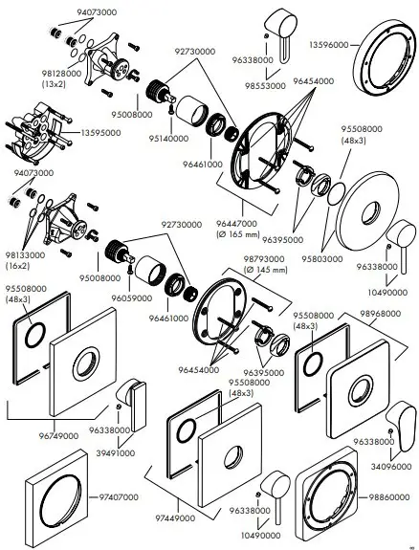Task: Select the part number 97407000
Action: tap(118, 496)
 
